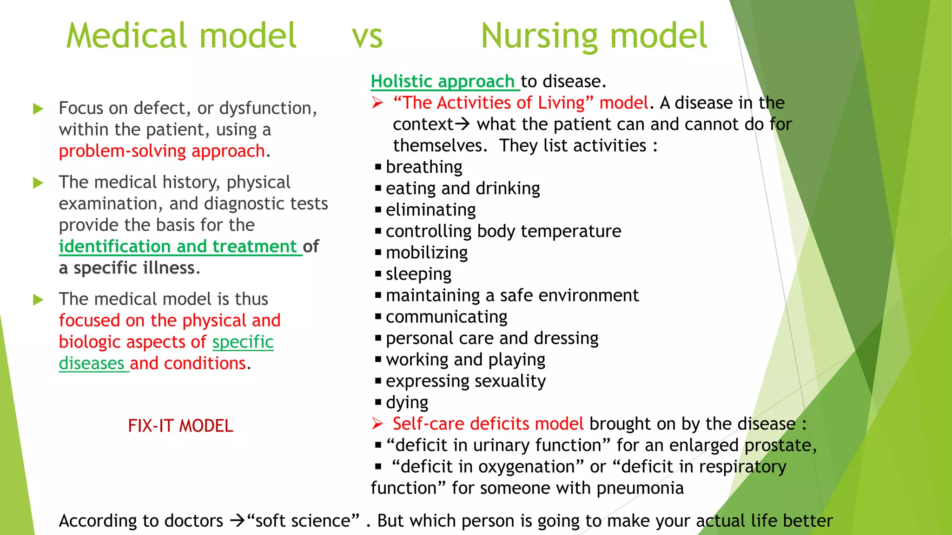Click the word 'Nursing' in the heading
pos(539,36)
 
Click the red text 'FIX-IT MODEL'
pos(180,426)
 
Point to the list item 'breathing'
pos(423,167)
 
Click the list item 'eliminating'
pos(430,210)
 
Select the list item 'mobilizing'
pos(426,253)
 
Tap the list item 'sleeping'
pos(418,274)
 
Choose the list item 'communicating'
pos(446,317)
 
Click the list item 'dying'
pos(407,402)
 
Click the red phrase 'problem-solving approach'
pos(162,151)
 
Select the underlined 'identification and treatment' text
pos(178,247)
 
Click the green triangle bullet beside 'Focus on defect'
pos(38,109)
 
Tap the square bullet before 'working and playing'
pos(378,359)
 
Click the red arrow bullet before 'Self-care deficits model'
pos(377,424)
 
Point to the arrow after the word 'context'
pos(463,124)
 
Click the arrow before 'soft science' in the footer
pos(237,521)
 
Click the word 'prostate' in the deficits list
pos(778,445)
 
